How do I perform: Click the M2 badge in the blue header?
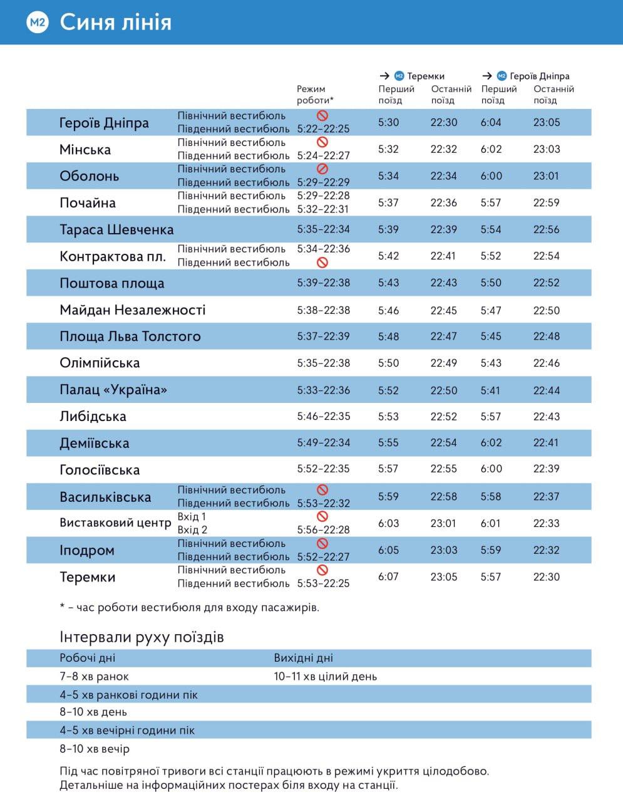[38, 23]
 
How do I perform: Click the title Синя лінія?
[115, 23]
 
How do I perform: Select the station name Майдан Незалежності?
[132, 310]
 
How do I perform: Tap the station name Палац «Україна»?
[113, 390]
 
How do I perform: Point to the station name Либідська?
[93, 417]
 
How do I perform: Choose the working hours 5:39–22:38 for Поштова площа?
[323, 283]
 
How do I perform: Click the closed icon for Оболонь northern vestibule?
[322, 169]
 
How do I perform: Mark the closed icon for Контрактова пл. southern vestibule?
[322, 263]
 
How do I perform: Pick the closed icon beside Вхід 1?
[322, 516]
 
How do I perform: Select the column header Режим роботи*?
[315, 95]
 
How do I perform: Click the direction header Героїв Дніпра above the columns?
[540, 76]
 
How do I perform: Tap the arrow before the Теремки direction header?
[385, 76]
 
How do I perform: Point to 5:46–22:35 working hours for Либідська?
[323, 417]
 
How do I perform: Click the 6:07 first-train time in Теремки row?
[388, 577]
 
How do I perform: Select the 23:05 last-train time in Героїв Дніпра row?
[547, 123]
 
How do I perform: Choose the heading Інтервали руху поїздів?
[142, 638]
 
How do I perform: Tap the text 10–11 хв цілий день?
[325, 677]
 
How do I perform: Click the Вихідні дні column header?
[303, 659]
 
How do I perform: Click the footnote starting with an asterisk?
[189, 607]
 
